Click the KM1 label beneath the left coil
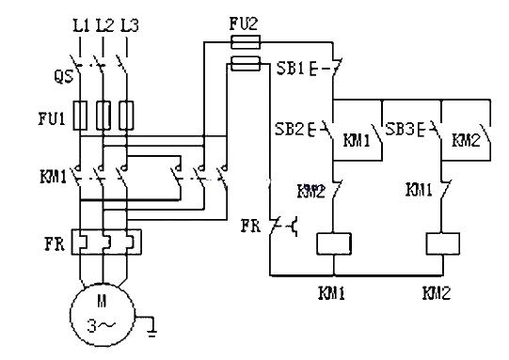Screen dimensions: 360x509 pos(335,293)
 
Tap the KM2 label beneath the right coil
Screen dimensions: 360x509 pos(437,293)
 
